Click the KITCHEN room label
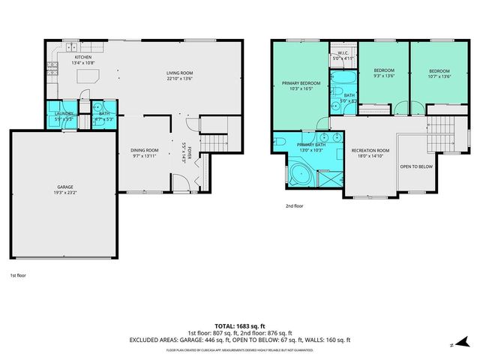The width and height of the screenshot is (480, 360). [x=82, y=57]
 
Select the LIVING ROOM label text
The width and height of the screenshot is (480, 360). [x=180, y=73]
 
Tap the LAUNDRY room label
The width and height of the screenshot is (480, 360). [x=64, y=113]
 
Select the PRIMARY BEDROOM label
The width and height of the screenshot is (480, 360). [x=301, y=83]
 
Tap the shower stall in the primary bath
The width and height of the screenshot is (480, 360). [x=327, y=177]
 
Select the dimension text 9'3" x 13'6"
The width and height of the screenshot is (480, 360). [x=383, y=76]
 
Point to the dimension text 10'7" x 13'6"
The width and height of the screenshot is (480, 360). [x=433, y=76]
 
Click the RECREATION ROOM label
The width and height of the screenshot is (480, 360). [x=370, y=151]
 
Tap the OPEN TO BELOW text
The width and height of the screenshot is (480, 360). [x=415, y=166]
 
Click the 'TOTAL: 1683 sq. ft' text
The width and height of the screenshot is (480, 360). [x=240, y=325]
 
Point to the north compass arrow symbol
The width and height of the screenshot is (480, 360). [x=453, y=344]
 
